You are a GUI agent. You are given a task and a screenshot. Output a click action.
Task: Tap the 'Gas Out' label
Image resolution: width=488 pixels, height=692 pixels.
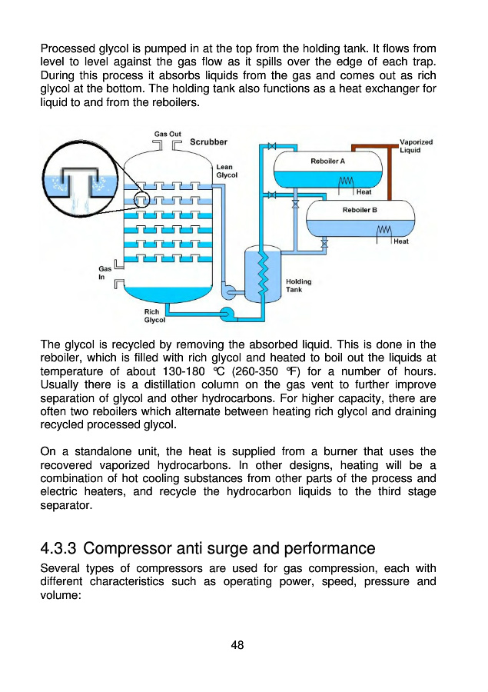pyautogui.click(x=168, y=134)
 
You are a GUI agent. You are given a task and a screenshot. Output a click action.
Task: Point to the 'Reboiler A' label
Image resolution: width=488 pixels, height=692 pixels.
pyautogui.click(x=327, y=161)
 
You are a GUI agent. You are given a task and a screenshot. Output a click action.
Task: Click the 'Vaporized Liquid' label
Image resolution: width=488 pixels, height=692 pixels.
pyautogui.click(x=417, y=146)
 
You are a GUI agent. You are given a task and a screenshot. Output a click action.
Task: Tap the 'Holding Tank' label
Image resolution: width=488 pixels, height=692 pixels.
pyautogui.click(x=298, y=285)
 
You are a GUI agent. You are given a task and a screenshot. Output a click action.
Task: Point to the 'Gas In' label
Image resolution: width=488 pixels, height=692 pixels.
pyautogui.click(x=103, y=273)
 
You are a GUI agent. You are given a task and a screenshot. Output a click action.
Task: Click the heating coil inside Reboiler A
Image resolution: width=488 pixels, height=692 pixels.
pyautogui.click(x=345, y=181)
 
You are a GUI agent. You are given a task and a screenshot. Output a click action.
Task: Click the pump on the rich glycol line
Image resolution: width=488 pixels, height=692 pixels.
pyautogui.click(x=227, y=313)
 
